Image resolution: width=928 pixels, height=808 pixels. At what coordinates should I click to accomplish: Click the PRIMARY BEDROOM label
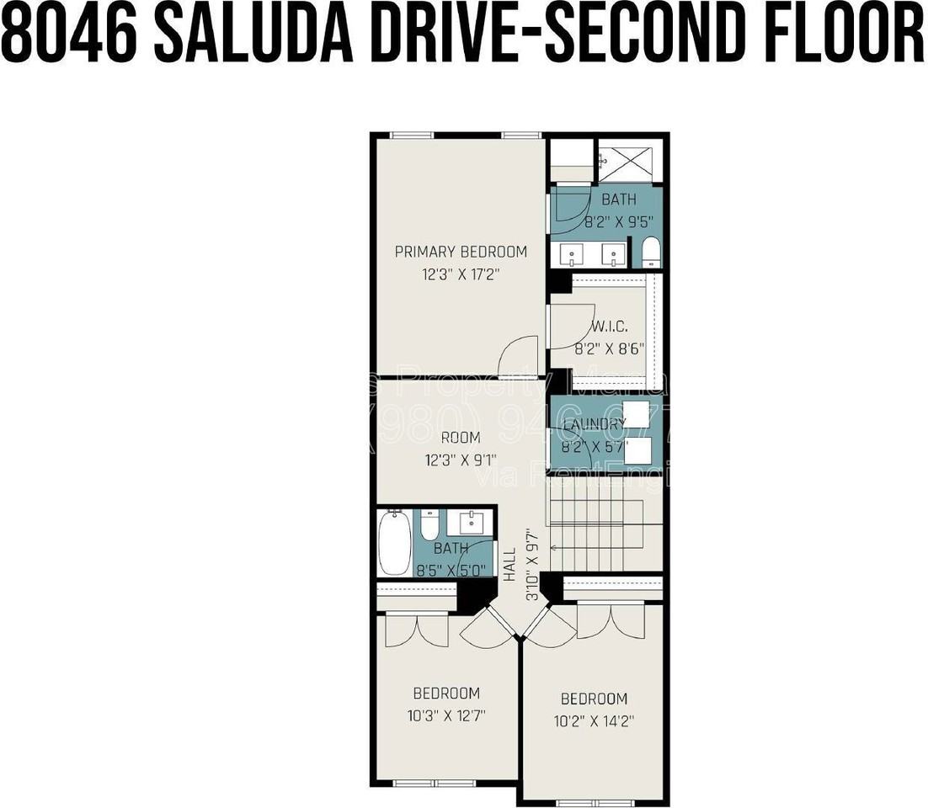[461, 251]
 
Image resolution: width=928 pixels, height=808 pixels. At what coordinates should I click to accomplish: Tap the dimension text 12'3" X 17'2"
[461, 274]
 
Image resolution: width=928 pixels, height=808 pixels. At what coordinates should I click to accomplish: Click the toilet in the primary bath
[651, 252]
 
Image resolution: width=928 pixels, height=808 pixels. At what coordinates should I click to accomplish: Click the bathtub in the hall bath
[394, 540]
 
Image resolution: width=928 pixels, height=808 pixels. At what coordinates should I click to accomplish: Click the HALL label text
[509, 564]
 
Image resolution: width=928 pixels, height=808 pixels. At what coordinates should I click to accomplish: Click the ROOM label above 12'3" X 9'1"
[461, 437]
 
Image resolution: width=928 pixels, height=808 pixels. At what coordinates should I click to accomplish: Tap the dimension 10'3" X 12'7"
[446, 715]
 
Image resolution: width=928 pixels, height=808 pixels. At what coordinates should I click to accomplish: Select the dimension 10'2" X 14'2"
[594, 721]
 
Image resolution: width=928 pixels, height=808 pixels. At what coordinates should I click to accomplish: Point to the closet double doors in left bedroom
[417, 631]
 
